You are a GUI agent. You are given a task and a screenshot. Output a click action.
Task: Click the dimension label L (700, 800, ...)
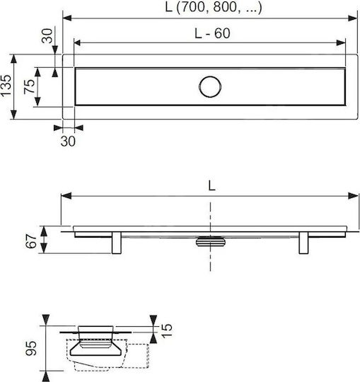[x=214, y=8]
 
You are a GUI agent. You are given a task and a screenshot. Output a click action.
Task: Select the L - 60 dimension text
[x=212, y=33]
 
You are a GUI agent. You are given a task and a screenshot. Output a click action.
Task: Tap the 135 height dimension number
[x=6, y=86]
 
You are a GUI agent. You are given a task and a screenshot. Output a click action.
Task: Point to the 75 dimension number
[x=30, y=86]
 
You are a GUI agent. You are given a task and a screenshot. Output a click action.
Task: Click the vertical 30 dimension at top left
[x=47, y=36]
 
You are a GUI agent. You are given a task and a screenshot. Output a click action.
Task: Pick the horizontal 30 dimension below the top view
[x=68, y=141]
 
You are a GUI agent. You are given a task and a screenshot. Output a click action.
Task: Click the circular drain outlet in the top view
[x=210, y=87]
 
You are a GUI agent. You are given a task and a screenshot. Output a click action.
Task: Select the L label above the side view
[x=212, y=186]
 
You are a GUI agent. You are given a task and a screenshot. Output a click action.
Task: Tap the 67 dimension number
[x=31, y=241]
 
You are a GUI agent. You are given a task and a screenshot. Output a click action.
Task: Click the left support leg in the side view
[x=117, y=243]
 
